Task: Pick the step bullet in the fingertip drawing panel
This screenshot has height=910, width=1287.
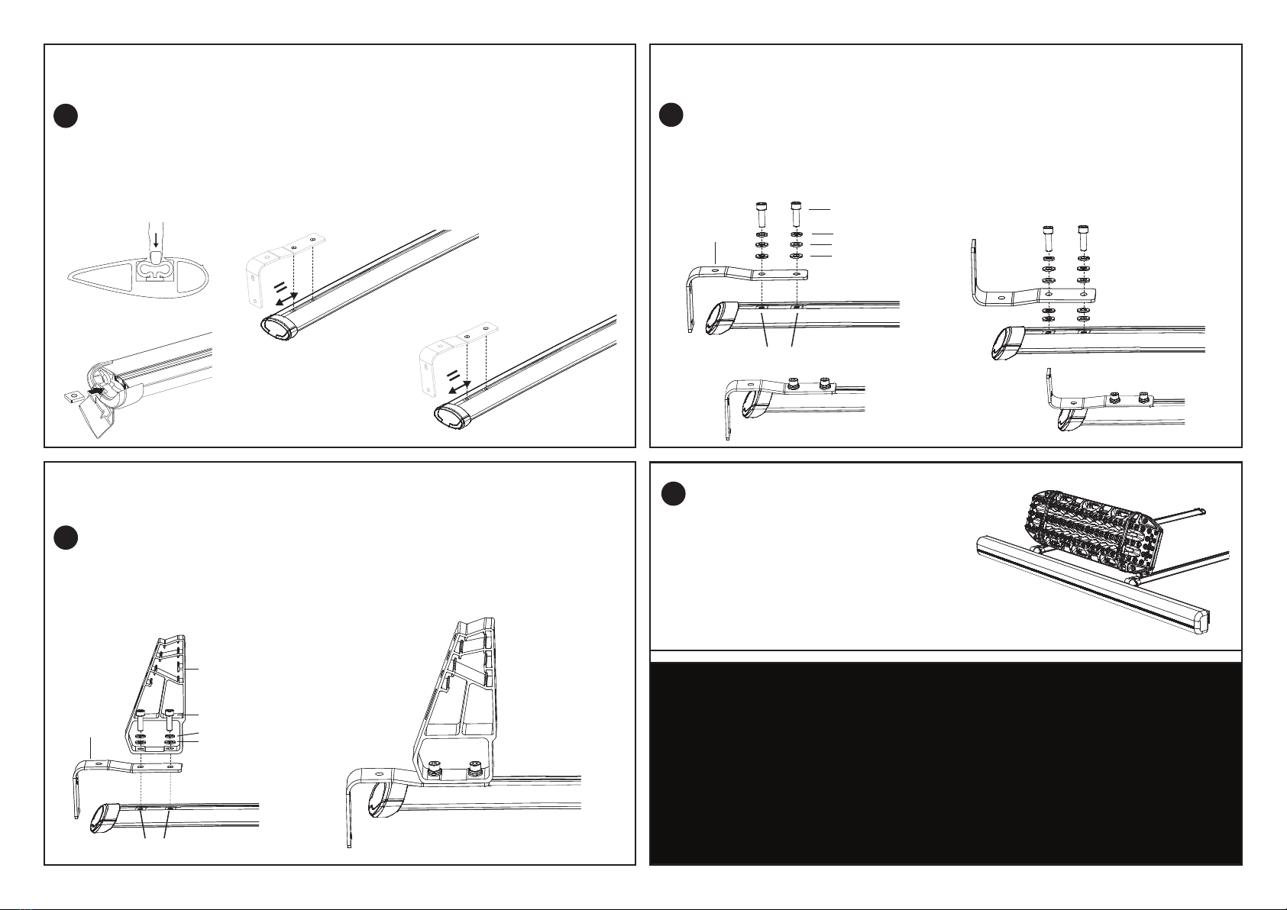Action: [66, 116]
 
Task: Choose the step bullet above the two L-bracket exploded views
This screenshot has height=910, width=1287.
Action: [670, 116]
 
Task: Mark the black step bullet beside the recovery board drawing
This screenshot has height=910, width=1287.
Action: [672, 495]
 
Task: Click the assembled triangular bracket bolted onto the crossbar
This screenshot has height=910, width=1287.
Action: [458, 702]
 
